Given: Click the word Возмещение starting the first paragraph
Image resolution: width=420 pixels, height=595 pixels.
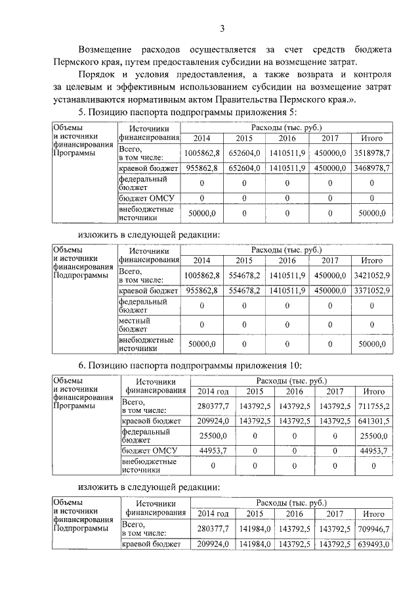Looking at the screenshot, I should [x=105, y=50].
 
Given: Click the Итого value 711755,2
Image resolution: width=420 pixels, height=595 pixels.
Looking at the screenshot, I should [x=373, y=406].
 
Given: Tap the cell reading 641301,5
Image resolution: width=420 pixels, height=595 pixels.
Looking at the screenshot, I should [x=373, y=421].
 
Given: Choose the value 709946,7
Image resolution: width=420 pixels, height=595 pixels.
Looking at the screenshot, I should [x=373, y=530].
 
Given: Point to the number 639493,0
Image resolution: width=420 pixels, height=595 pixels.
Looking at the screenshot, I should [x=373, y=544].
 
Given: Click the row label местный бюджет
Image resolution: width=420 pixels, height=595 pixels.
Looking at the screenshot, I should [x=135, y=324].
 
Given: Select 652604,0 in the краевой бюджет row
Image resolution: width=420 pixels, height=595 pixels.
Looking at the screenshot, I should [x=243, y=168].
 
